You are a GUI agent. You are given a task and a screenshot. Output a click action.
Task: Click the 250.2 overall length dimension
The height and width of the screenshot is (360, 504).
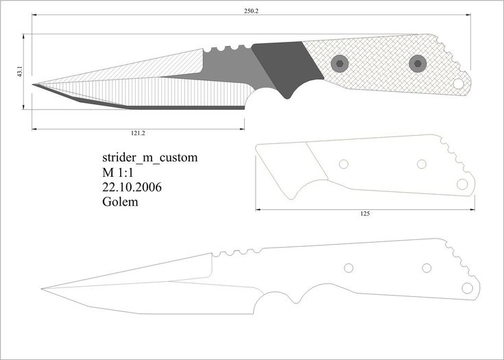point(251,11)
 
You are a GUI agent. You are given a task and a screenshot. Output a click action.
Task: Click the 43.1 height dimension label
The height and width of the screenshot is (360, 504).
point(20,72)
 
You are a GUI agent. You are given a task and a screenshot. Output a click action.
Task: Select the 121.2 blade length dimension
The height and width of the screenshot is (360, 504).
point(138,133)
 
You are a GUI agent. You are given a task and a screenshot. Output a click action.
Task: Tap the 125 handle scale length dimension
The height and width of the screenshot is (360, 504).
point(365,214)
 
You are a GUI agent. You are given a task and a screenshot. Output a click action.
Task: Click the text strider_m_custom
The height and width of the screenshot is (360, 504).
point(149,158)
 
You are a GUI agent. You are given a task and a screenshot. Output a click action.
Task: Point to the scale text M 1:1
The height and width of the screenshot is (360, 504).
point(118,173)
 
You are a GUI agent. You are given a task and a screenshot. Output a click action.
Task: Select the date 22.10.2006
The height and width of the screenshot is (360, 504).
point(132,187)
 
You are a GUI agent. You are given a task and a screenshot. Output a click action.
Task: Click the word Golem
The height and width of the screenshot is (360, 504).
point(120,202)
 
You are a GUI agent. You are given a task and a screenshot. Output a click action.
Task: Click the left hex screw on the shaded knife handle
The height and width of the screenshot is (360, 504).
point(339,64)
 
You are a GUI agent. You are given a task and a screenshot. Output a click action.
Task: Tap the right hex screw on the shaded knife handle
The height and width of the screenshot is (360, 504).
point(418,64)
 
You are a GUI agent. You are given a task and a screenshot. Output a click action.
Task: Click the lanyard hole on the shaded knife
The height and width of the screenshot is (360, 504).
point(458,84)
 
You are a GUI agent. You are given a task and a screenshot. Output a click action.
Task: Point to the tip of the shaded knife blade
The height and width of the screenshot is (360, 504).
point(32,84)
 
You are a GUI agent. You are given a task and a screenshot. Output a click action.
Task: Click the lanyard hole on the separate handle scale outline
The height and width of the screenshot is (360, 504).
point(462,184)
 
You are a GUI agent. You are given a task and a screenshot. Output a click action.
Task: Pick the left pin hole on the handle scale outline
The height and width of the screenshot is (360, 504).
point(344,165)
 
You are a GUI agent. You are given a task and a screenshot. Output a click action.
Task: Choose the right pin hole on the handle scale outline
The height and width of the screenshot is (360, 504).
point(422,165)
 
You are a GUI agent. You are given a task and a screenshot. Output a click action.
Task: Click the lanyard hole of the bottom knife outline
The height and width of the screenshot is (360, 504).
point(467,288)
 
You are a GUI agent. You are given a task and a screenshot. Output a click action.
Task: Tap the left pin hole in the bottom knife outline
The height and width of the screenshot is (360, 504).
point(349,268)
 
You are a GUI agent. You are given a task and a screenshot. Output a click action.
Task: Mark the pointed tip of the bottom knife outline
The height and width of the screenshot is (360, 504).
point(42,289)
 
